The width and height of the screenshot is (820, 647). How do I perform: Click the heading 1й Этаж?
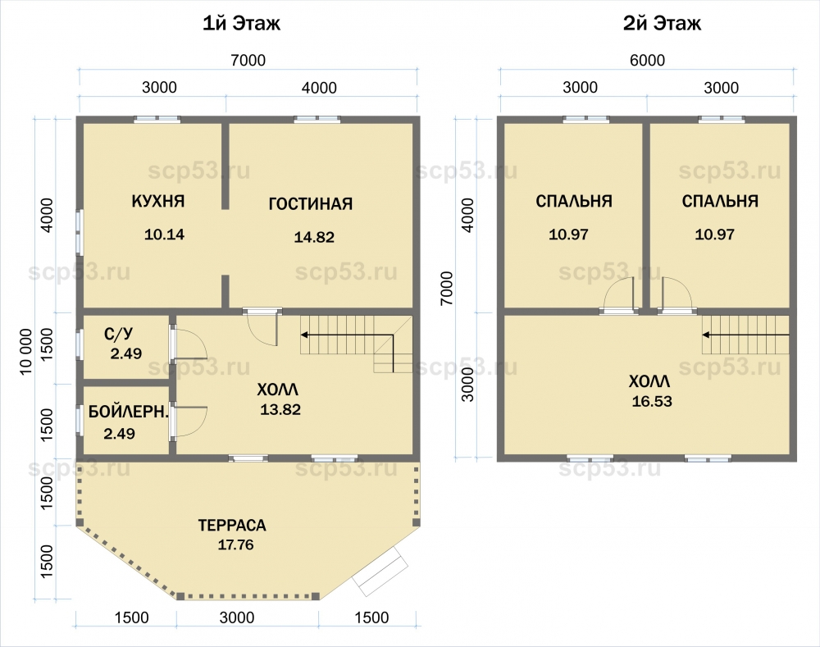(242, 24)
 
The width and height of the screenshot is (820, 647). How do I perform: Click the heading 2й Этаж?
(662, 24)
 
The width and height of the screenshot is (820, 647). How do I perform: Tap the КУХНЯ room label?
(158, 202)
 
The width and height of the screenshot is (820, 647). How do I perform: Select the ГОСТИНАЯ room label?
(311, 203)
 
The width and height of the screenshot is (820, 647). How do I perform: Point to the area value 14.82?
(314, 238)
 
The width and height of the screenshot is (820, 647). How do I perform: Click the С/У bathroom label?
(119, 334)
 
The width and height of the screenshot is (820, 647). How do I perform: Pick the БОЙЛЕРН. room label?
(128, 412)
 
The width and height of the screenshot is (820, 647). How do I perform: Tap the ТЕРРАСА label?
(232, 525)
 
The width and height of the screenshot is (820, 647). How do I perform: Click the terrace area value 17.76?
(235, 545)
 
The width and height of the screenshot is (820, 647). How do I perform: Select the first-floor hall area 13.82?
(280, 409)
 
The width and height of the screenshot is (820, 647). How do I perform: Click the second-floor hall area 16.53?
(652, 402)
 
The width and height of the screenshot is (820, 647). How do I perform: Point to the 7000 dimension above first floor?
(248, 61)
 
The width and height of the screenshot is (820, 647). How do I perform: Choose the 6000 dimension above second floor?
(648, 61)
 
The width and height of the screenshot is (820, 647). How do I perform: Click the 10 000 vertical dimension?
(26, 352)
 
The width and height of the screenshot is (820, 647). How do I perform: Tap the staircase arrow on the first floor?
(347, 335)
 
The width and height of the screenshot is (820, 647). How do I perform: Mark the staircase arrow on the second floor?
(745, 335)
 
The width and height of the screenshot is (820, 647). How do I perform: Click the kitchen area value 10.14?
(164, 235)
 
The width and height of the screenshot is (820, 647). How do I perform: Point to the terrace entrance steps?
(380, 571)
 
